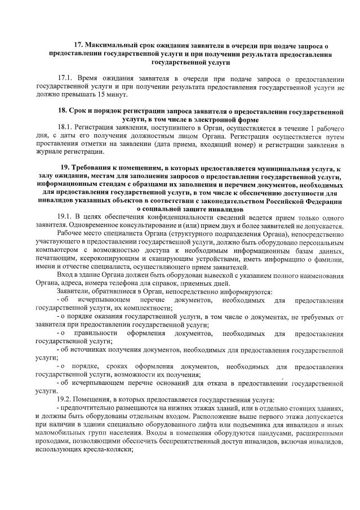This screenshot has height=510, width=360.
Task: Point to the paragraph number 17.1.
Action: coord(65,77)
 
